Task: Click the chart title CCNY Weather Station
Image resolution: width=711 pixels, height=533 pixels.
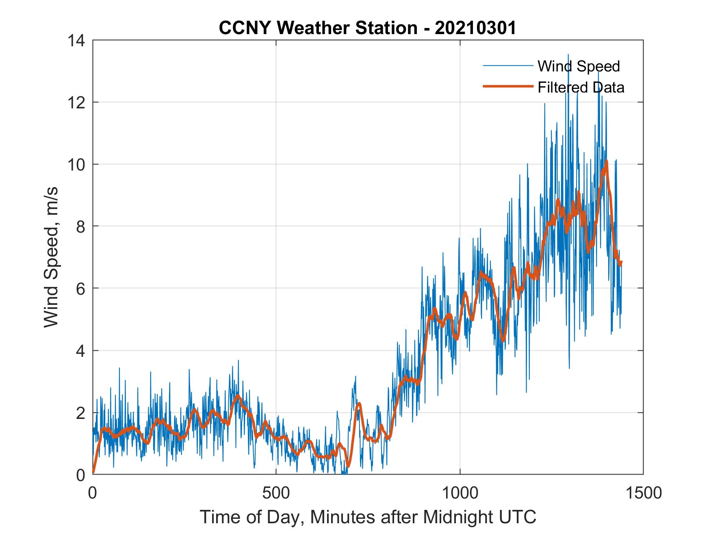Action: click(x=318, y=28)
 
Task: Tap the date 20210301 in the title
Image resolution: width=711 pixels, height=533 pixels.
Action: click(x=475, y=28)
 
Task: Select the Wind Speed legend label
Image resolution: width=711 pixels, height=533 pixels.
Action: click(x=579, y=66)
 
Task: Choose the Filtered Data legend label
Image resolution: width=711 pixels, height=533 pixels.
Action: click(x=581, y=87)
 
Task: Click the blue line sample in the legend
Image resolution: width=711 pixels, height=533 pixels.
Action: click(x=507, y=66)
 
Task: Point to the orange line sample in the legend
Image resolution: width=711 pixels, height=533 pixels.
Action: click(x=507, y=86)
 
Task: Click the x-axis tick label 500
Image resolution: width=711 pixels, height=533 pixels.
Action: click(x=276, y=493)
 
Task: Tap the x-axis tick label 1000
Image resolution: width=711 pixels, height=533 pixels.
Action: click(x=460, y=493)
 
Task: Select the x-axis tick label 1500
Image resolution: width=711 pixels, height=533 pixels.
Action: click(x=643, y=493)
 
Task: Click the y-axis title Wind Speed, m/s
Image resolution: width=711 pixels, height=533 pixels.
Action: click(x=52, y=257)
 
